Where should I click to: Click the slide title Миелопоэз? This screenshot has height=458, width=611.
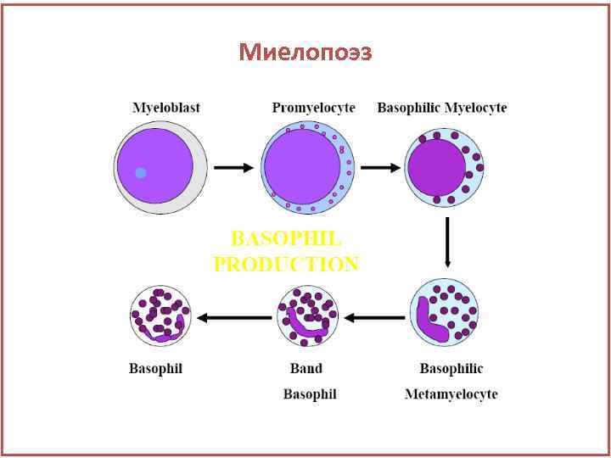[x=305, y=53]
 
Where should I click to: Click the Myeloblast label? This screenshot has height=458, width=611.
[x=166, y=108]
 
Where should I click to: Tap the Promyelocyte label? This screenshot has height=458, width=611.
[x=313, y=108]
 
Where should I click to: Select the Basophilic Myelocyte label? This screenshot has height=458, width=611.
[x=441, y=108]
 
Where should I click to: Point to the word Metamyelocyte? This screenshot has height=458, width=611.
[x=451, y=394]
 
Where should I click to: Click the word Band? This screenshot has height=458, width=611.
[x=306, y=369]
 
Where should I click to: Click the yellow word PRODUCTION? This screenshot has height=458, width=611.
[x=286, y=265]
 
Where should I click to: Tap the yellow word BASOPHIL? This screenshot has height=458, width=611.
[x=286, y=238]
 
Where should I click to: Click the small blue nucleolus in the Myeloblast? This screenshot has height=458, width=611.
[x=141, y=173]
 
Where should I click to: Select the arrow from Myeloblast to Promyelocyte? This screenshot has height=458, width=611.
[x=233, y=168]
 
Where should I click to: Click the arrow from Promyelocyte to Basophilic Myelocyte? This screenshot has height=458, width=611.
[x=379, y=168]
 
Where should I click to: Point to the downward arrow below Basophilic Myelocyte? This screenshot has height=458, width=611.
[x=447, y=242]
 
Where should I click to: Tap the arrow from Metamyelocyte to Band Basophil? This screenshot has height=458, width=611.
[x=376, y=317]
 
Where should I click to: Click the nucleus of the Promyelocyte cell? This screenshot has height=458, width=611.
[x=300, y=166]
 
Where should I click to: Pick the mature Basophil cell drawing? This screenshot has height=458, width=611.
[x=160, y=316]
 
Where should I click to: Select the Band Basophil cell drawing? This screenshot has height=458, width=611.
[x=308, y=316]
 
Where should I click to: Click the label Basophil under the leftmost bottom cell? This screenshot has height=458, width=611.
[x=155, y=369]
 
